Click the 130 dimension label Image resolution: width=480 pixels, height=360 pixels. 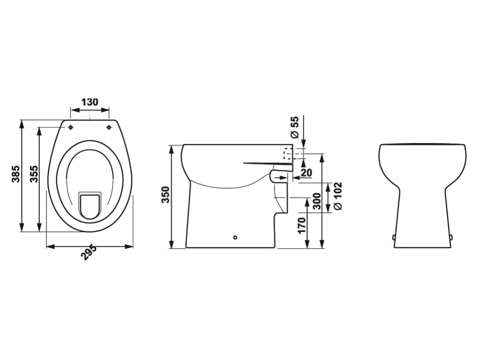coord(90,102)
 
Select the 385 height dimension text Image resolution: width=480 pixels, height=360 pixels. coord(16,174)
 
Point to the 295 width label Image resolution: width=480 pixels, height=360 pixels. coord(89,253)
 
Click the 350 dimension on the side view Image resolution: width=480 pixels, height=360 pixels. coord(165,195)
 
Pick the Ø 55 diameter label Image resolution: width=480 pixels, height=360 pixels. coord(294,127)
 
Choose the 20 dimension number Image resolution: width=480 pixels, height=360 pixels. coord(306,172)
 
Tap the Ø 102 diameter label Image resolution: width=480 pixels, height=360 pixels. coord(337,196)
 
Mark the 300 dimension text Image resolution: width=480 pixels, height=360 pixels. coord(317,201)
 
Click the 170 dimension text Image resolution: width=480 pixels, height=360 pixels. coord(302,225)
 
